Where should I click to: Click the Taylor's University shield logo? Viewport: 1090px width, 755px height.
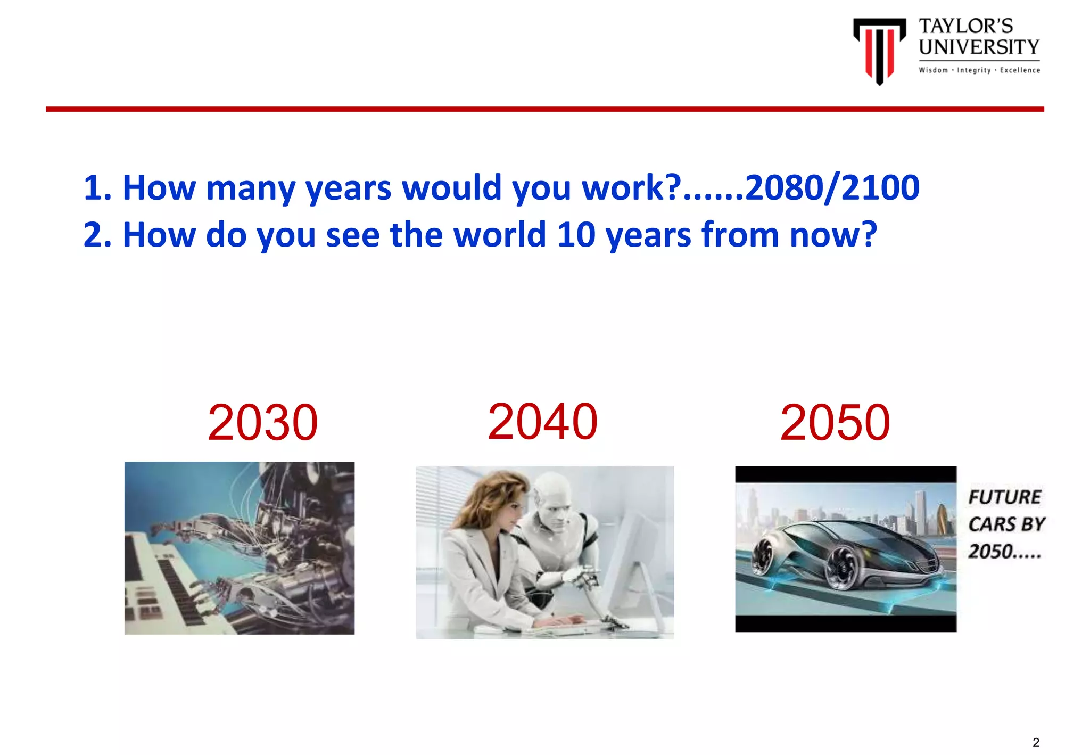879,50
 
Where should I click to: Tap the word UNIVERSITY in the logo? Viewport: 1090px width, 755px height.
979,47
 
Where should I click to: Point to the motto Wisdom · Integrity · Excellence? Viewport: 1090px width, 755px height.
979,70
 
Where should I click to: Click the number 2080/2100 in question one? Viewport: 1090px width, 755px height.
832,188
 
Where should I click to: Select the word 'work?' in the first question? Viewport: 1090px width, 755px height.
631,188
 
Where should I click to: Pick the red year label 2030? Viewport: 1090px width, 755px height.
262,423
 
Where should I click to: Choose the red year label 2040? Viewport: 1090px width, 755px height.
542,422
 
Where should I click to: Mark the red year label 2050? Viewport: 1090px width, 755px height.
835,423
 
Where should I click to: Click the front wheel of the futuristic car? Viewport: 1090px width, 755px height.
843,571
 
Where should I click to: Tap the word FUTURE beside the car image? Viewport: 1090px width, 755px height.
1004,497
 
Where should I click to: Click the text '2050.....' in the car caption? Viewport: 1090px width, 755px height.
1004,552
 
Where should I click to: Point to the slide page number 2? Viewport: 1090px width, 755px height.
1036,742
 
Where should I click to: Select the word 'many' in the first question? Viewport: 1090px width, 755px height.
250,188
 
